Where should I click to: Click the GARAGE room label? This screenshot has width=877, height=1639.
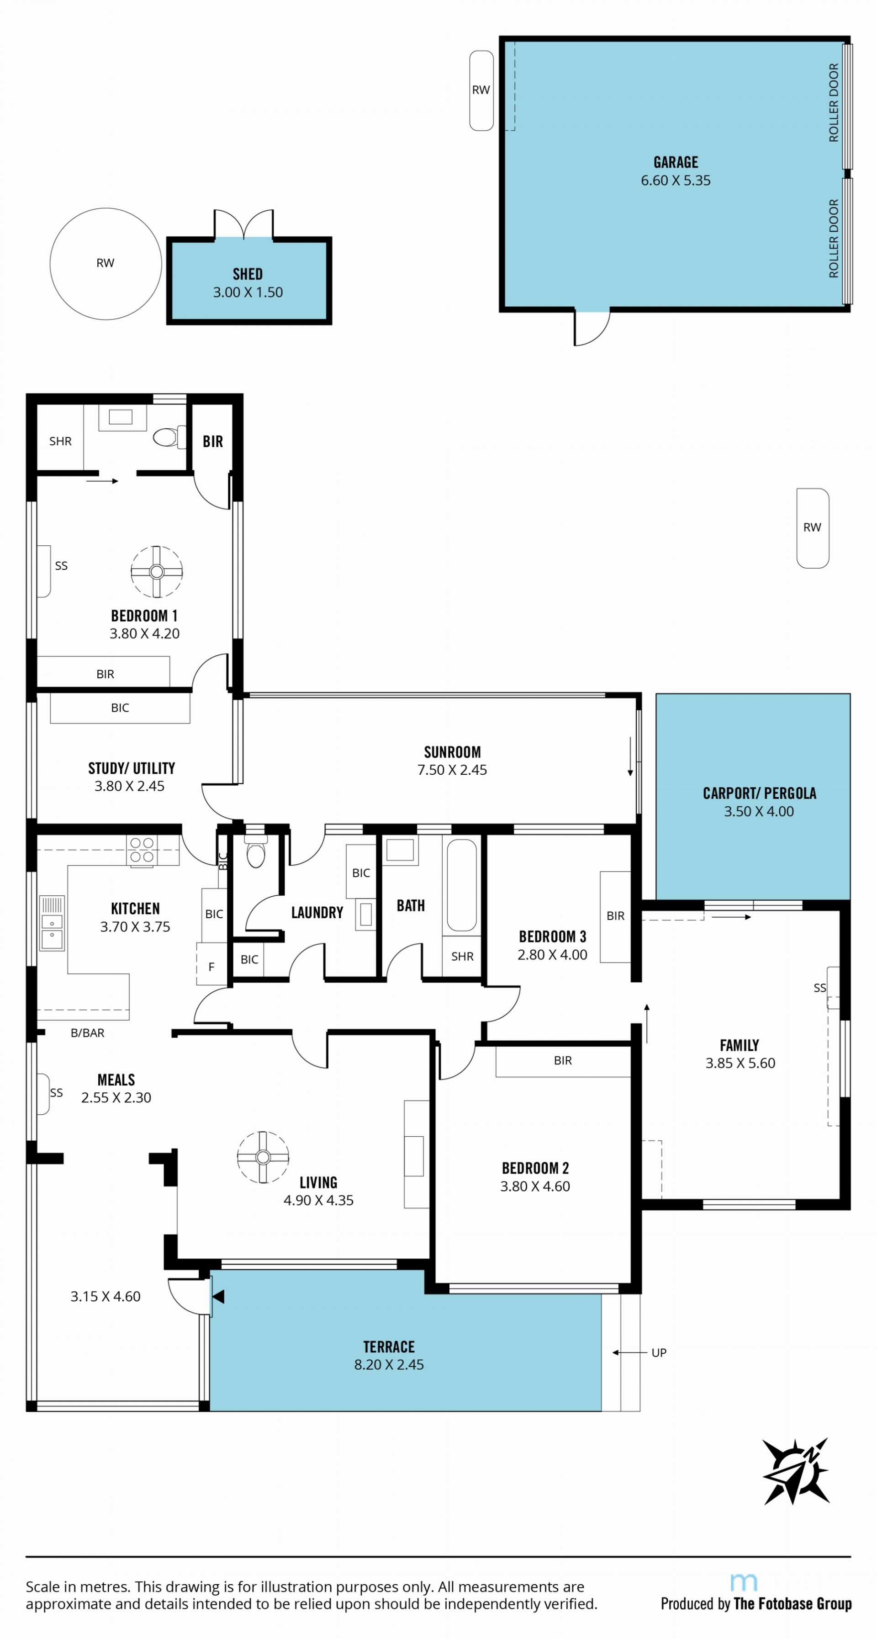click(x=676, y=162)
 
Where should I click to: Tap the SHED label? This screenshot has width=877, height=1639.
click(x=248, y=274)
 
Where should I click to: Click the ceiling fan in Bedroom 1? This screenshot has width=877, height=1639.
click(x=157, y=571)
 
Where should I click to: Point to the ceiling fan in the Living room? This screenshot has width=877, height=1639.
click(x=263, y=1157)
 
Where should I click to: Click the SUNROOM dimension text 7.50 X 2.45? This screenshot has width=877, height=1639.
click(x=452, y=770)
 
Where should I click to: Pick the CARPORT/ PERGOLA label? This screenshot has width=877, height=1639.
click(x=759, y=793)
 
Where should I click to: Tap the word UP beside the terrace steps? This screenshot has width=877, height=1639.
click(x=659, y=1353)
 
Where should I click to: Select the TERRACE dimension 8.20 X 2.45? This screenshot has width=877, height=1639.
click(x=389, y=1365)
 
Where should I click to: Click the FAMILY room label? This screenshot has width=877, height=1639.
click(x=739, y=1045)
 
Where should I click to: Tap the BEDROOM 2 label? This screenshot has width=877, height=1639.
click(x=535, y=1168)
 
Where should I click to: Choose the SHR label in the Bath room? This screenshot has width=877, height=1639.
click(x=462, y=956)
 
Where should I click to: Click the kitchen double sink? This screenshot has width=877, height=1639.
click(x=52, y=923)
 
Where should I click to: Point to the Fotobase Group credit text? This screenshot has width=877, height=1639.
click(x=755, y=1603)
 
